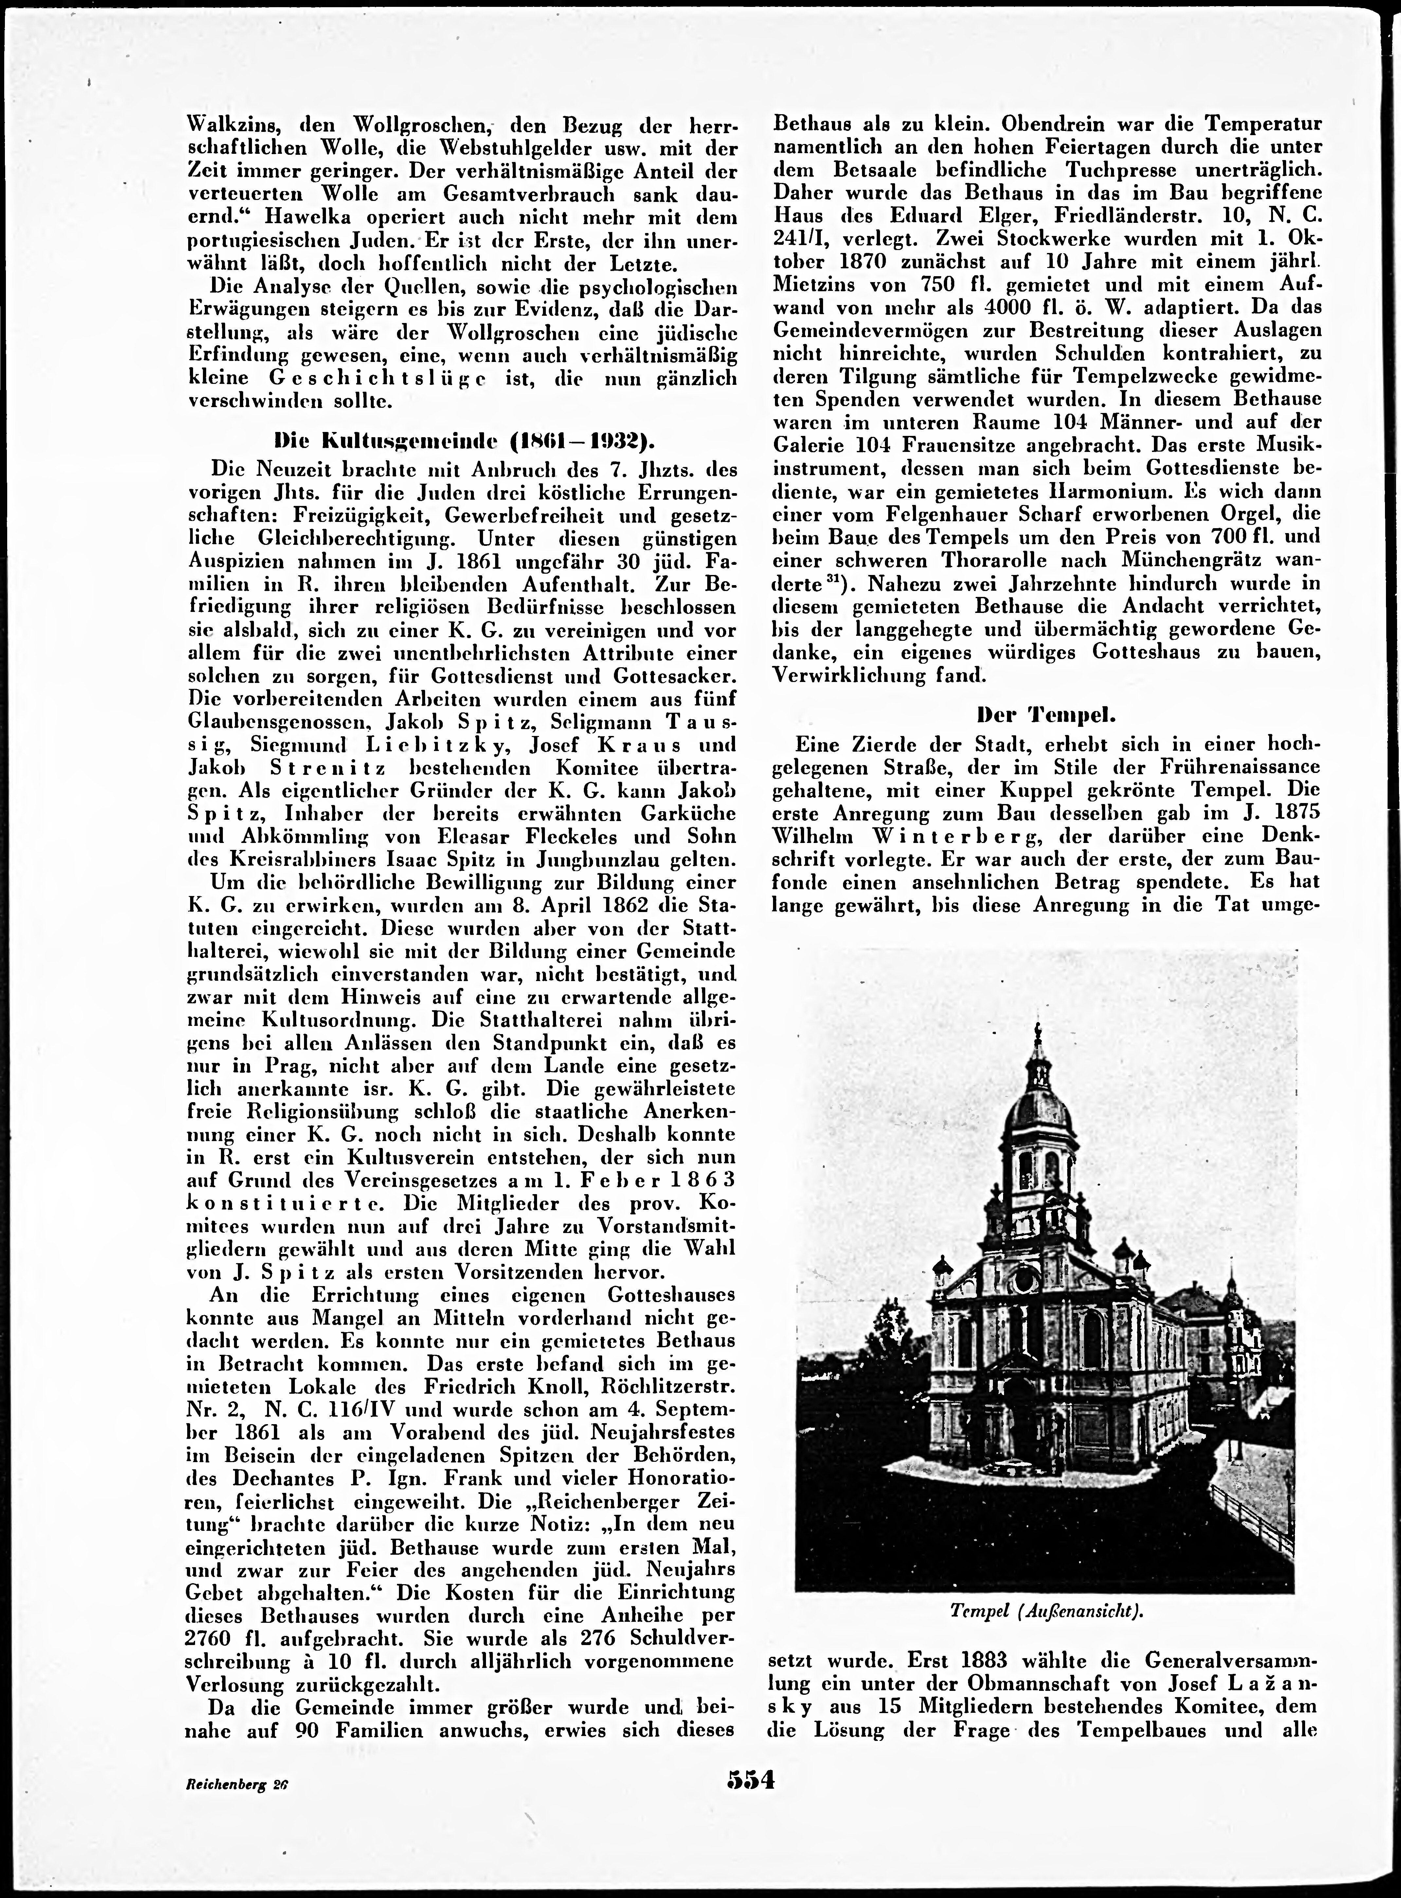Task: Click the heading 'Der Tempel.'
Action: (1047, 714)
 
